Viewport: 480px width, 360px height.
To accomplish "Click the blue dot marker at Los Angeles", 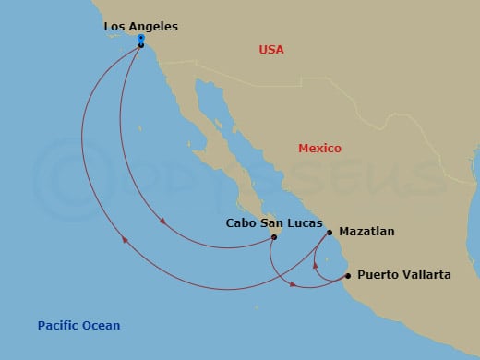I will [140, 39].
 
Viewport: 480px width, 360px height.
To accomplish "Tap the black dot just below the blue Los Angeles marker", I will [140, 45].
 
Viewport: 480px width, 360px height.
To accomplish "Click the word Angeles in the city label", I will [154, 27].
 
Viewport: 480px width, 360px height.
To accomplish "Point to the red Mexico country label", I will [319, 149].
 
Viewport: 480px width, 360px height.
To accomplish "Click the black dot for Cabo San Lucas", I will [274, 237].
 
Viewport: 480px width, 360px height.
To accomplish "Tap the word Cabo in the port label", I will [241, 223].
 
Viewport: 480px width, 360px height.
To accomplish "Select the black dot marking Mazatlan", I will [329, 233].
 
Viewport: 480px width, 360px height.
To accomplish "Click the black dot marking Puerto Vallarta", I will [347, 275].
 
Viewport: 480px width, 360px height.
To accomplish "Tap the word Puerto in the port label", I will [377, 275].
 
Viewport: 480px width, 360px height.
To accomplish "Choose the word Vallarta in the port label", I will [426, 275].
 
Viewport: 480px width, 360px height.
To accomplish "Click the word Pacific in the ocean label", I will [58, 325].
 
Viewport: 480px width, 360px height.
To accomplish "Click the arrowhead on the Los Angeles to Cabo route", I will [162, 222].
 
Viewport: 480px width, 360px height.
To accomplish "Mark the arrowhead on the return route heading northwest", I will [126, 243].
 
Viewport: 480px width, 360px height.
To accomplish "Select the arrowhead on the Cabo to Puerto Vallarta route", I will [294, 283].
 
